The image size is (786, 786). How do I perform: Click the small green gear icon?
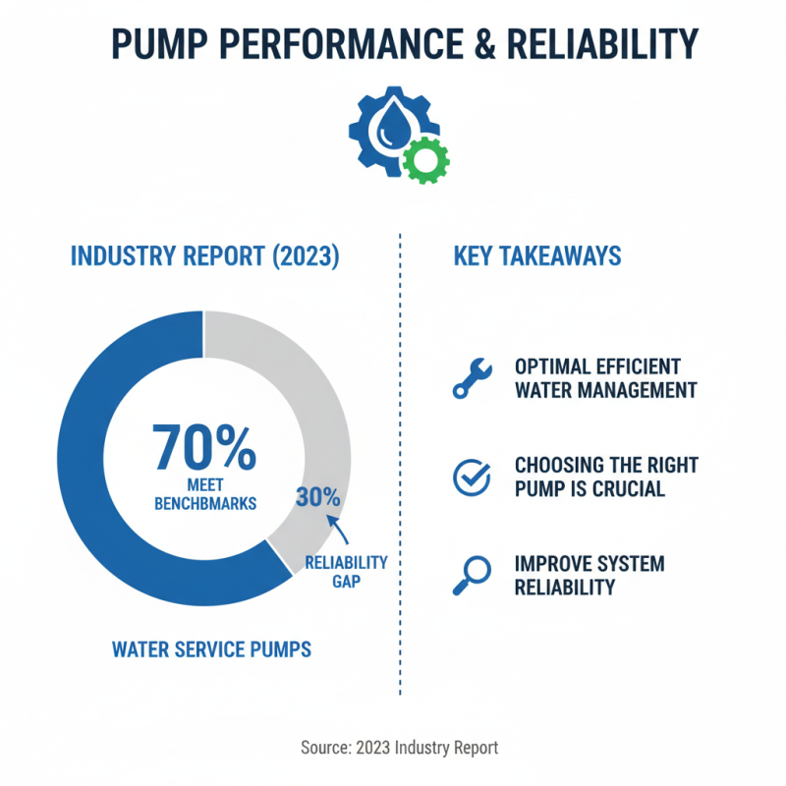pos(426,159)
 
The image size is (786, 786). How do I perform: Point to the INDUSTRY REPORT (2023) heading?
pos(204,256)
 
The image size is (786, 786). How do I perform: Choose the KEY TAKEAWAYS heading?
pos(536,256)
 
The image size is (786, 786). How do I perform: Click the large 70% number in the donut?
pos(204,448)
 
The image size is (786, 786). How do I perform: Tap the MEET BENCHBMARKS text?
pos(204,494)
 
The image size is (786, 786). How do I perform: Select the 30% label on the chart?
pos(317,497)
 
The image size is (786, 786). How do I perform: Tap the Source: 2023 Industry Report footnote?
pos(399,748)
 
